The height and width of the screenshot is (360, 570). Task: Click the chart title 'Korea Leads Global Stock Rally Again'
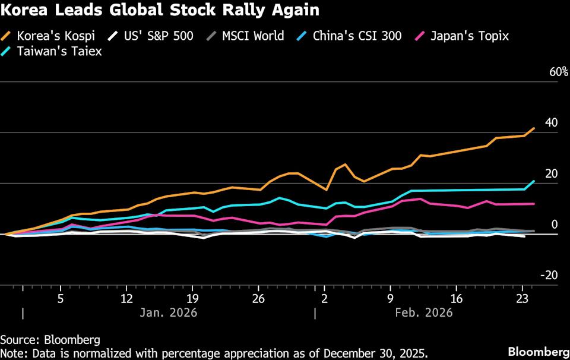click(x=160, y=10)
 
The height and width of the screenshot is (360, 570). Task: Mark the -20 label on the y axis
click(x=549, y=275)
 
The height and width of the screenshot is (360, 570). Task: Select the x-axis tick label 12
click(x=126, y=297)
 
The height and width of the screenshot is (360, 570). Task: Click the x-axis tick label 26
click(x=258, y=297)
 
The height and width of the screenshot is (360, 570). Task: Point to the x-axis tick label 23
click(x=522, y=297)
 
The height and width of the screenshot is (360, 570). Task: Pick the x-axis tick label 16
click(x=457, y=297)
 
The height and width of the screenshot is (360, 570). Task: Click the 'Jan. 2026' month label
click(x=169, y=312)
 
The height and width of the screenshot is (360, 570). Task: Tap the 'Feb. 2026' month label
click(x=425, y=312)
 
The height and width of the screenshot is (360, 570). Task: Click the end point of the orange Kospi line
click(x=534, y=128)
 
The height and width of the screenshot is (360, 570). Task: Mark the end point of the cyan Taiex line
click(x=534, y=181)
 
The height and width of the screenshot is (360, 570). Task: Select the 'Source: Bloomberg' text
click(x=50, y=339)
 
